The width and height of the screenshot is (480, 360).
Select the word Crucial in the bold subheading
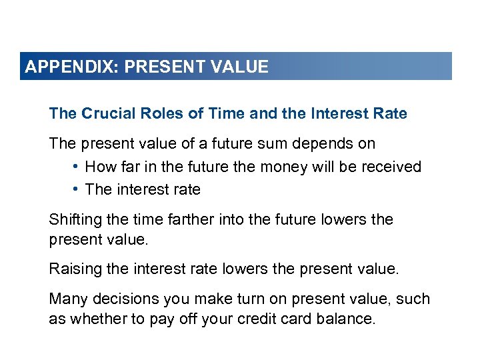[107, 113]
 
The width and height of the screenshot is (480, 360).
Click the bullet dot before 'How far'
[77, 167]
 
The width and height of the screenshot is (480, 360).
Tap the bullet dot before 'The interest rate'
[77, 189]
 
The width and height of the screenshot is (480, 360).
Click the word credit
[269, 319]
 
